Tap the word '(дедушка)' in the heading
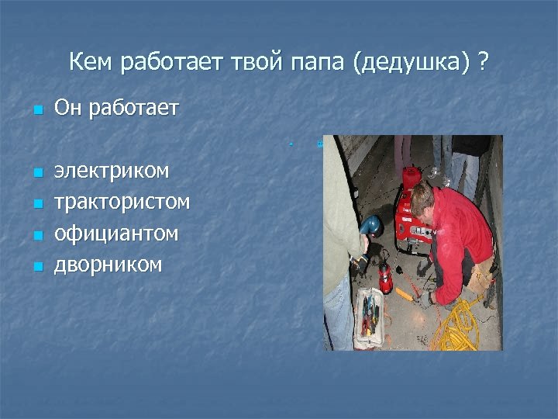pyautogui.click(x=408, y=62)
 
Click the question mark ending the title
pyautogui.click(x=484, y=61)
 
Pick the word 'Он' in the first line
pyautogui.click(x=68, y=109)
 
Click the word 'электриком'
pyautogui.click(x=112, y=171)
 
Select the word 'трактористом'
pyautogui.click(x=122, y=202)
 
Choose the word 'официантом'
pyautogui.click(x=116, y=233)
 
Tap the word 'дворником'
pyautogui.click(x=108, y=265)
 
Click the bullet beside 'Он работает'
pyautogui.click(x=35, y=111)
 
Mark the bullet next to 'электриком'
pyautogui.click(x=35, y=173)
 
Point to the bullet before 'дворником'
pyautogui.click(x=35, y=267)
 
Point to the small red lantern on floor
pyautogui.click(x=384, y=275)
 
